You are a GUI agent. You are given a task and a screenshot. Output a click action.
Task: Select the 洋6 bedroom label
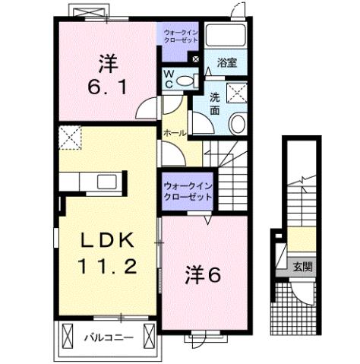coord(202,276)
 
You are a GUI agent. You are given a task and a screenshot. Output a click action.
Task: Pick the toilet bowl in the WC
coord(191,78)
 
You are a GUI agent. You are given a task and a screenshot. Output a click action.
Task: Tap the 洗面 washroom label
coord(216,104)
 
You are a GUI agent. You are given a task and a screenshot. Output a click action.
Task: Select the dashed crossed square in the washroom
coord(236,93)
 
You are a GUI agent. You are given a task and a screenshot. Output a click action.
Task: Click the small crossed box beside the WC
coord(195,59)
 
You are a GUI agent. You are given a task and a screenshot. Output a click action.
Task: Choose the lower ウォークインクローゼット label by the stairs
coord(187,189)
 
